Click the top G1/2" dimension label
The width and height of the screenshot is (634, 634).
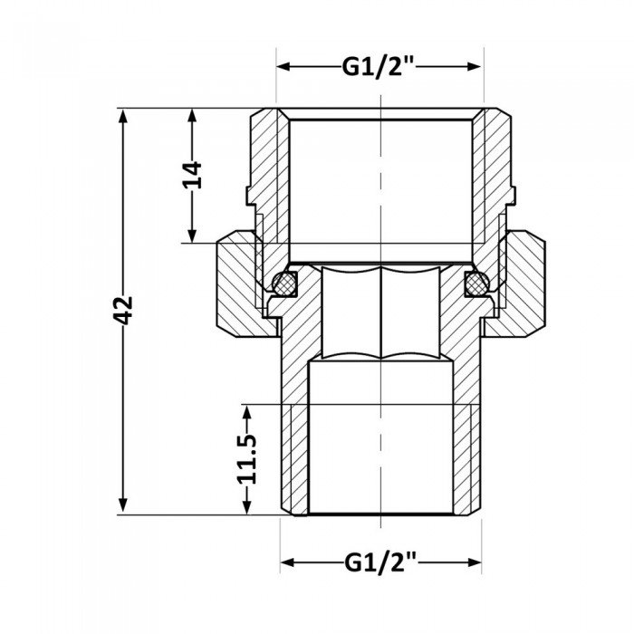[x=379, y=68]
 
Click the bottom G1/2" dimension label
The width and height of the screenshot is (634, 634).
[x=379, y=562]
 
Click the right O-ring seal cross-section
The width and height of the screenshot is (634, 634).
[x=475, y=283]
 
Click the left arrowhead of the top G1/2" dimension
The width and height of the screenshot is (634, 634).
[x=283, y=68]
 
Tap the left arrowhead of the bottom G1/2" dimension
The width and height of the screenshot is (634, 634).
[x=285, y=562]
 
